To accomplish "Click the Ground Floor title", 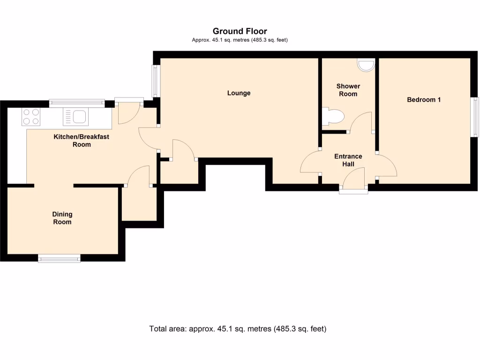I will coord(240,31).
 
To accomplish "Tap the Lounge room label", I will coord(239,93).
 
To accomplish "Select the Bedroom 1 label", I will coord(424,99).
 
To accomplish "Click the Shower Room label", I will coord(348,90).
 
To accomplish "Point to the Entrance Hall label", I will coord(348,160).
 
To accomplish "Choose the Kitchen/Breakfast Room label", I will coord(82,141).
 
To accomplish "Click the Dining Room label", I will coord(62,218).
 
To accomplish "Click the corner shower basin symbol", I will coord(366,65).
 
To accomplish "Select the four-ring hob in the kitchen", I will coord(30,116).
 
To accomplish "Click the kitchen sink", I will coord(75,116).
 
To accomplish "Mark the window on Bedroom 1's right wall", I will coord(475,117).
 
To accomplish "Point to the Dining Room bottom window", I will coord(59,258).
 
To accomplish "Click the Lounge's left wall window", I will coord(154,81).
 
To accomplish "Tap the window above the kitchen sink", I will coord(77,103).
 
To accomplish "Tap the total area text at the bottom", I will coord(238,329).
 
